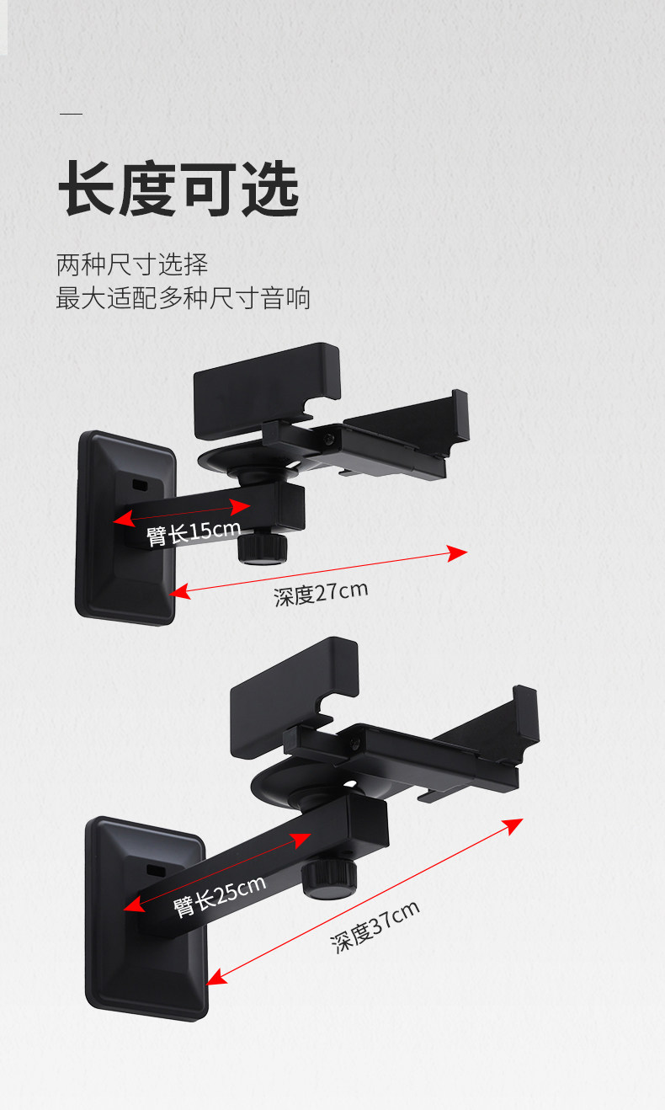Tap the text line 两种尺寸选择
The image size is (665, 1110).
(132, 264)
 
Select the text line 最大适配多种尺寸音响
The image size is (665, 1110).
(184, 298)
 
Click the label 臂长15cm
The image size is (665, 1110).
(194, 533)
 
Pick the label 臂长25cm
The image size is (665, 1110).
(220, 895)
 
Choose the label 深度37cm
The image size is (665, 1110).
(375, 926)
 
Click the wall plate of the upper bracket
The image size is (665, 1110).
(126, 529)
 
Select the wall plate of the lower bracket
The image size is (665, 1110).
(146, 918)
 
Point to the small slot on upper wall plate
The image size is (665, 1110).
(141, 486)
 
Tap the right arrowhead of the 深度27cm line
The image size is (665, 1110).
(458, 552)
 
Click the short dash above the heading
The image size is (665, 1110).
(71, 114)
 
